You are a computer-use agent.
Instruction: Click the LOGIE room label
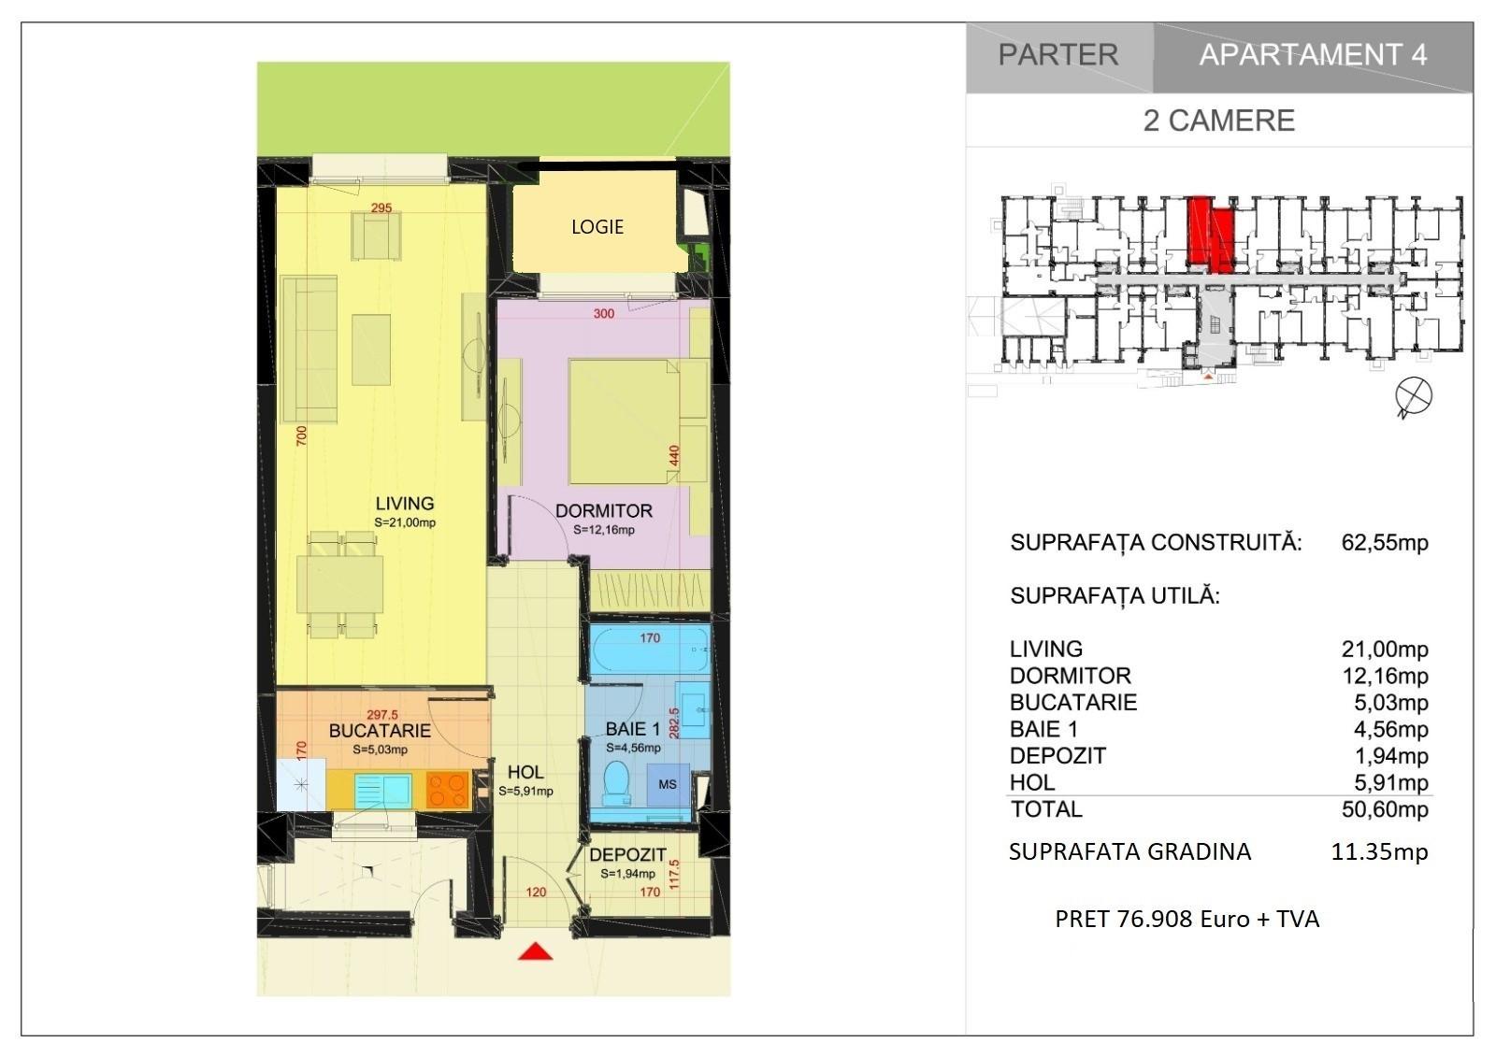pyautogui.click(x=597, y=227)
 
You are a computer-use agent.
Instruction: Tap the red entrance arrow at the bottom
pyautogui.click(x=535, y=951)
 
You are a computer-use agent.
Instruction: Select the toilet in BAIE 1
pyautogui.click(x=616, y=784)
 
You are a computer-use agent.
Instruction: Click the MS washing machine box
pyautogui.click(x=668, y=784)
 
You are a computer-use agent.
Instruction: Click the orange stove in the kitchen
pyautogui.click(x=448, y=790)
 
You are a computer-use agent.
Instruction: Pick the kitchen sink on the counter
pyautogui.click(x=382, y=791)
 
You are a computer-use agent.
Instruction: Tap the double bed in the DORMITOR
pyautogui.click(x=625, y=422)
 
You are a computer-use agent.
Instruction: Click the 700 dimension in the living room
pyautogui.click(x=302, y=436)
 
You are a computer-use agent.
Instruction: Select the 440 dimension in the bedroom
pyautogui.click(x=674, y=456)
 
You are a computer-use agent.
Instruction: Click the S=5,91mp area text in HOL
pyautogui.click(x=525, y=792)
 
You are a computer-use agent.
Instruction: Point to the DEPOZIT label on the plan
pyautogui.click(x=627, y=855)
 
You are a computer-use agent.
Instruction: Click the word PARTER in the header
pyautogui.click(x=1058, y=55)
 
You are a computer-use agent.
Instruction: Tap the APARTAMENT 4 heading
pyautogui.click(x=1313, y=55)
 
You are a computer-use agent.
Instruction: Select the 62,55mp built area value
pyautogui.click(x=1385, y=543)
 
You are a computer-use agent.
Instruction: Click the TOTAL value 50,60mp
pyautogui.click(x=1385, y=810)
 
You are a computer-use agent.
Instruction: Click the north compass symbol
pyautogui.click(x=1413, y=397)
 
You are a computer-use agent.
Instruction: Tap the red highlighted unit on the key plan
pyautogui.click(x=1210, y=234)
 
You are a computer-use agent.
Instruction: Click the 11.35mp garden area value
pyautogui.click(x=1380, y=852)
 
